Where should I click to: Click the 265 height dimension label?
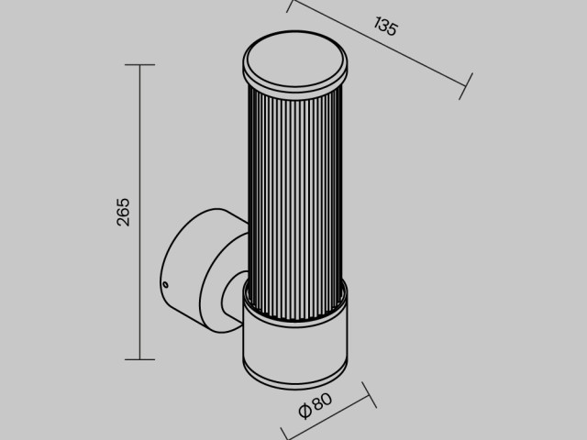coord(124,212)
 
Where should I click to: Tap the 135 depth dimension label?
coord(386,27)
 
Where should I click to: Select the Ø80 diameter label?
coord(315,406)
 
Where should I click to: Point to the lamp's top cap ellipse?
coord(294,60)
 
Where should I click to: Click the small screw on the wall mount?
coord(165,286)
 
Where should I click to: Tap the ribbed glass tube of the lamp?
coord(294,183)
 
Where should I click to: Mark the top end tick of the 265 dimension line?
coord(139,65)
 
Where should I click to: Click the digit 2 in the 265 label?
coord(124,222)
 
